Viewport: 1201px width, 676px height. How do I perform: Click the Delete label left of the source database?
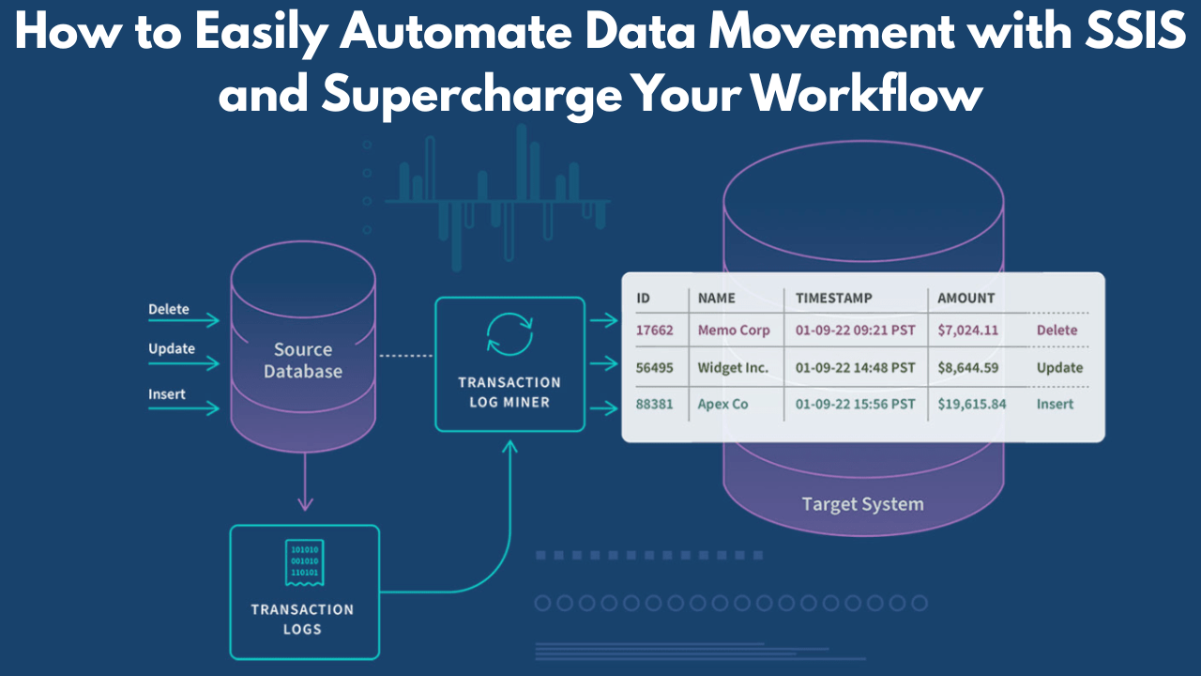point(169,309)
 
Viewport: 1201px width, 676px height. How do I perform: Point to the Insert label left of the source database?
point(167,394)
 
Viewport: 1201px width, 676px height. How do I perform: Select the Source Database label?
point(302,361)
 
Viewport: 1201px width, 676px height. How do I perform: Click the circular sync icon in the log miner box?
point(509,336)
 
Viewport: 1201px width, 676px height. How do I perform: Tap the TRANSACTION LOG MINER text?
point(509,392)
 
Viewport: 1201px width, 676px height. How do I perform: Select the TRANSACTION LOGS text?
point(302,620)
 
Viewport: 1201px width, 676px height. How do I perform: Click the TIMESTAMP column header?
point(833,298)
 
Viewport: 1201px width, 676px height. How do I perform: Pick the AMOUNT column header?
point(965,298)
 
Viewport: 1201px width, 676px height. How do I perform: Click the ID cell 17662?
point(655,330)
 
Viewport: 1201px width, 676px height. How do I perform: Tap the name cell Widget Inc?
point(733,367)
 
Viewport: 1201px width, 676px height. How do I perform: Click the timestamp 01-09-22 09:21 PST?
point(855,330)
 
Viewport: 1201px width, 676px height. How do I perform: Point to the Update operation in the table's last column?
point(1059,367)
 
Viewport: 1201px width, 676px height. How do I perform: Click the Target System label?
point(862,504)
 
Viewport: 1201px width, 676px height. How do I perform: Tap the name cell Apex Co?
point(722,404)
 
